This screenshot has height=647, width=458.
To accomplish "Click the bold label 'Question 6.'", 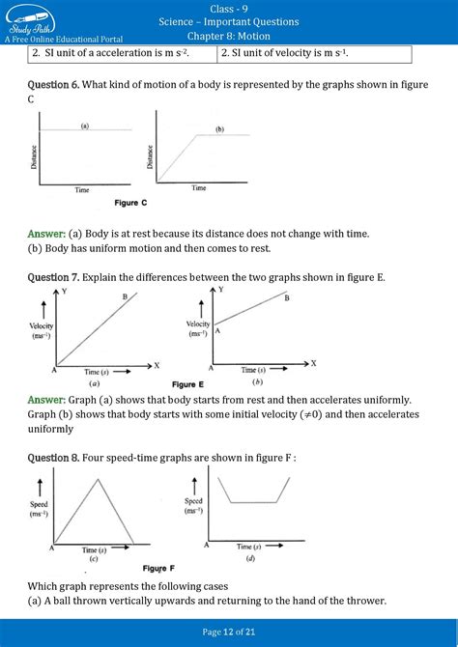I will (x=53, y=86).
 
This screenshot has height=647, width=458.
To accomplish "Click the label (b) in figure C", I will (x=219, y=128).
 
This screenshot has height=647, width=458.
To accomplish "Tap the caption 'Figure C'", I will (x=130, y=203).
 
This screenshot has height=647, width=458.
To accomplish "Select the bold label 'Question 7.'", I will (x=53, y=277).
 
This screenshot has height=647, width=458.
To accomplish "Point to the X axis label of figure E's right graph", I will (x=312, y=363).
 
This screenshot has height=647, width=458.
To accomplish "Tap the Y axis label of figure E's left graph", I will (x=63, y=292).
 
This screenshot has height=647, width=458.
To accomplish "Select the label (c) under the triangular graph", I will (x=93, y=559).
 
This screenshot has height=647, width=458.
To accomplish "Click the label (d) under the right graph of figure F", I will (x=250, y=558).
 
